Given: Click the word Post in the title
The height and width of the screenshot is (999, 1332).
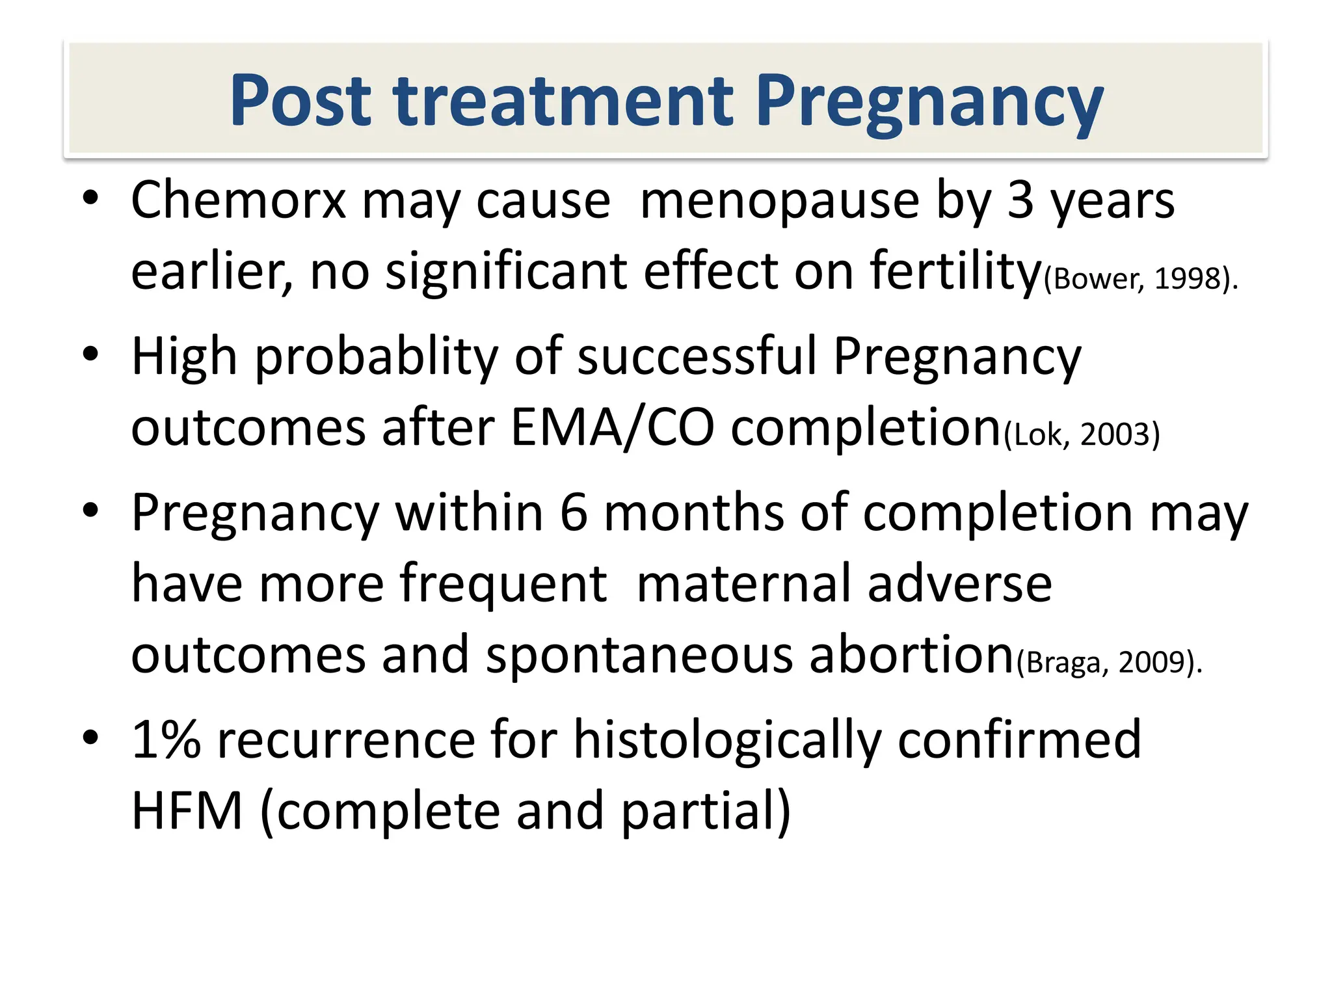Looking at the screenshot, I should [x=300, y=100].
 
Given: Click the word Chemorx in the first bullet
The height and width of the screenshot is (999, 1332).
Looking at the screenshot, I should [x=238, y=200].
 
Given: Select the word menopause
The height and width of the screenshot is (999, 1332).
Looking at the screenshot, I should [x=779, y=200].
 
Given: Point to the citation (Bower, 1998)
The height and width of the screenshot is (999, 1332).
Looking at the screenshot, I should [x=1140, y=279].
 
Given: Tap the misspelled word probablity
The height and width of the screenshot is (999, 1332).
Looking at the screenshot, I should [x=376, y=357].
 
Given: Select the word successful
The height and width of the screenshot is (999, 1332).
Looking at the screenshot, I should [x=697, y=357].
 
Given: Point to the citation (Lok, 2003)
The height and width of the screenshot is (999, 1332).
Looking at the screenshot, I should [x=1082, y=434].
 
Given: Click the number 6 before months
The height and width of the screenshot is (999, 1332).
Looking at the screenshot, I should [x=574, y=513].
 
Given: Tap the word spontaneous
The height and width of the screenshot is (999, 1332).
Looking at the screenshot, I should [x=639, y=655].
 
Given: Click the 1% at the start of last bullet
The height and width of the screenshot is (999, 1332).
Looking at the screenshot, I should [x=166, y=740].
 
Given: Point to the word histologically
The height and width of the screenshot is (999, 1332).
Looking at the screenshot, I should [x=727, y=740].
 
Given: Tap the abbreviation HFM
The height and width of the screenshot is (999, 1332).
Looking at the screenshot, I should [x=187, y=811].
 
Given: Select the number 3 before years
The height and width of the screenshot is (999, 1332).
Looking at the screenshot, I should [x=1020, y=200].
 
